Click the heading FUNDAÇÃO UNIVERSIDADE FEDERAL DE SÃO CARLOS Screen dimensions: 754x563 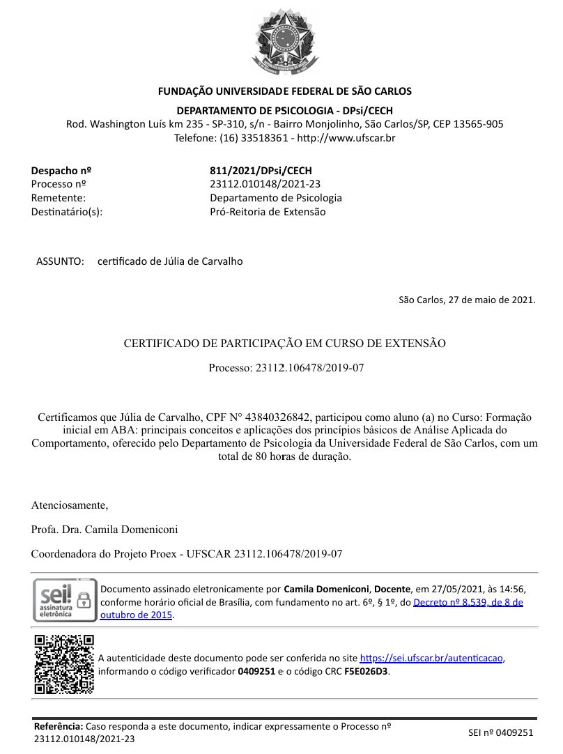point(284,91)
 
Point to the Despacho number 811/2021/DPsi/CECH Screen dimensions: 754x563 point(261,171)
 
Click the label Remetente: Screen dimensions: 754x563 point(59,198)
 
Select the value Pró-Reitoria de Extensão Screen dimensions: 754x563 point(268,212)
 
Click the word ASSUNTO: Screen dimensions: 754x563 point(60,261)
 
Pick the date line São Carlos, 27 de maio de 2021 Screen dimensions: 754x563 point(467,300)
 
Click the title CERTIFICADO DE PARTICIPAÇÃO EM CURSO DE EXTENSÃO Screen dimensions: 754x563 point(284,344)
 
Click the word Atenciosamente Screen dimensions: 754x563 point(70,505)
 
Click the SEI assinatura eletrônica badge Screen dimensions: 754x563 point(64,600)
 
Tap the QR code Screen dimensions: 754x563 point(64,663)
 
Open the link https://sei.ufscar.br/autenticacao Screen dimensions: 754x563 point(431,658)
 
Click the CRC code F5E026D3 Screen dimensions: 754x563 point(366,672)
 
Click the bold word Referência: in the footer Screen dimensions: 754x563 point(59,726)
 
